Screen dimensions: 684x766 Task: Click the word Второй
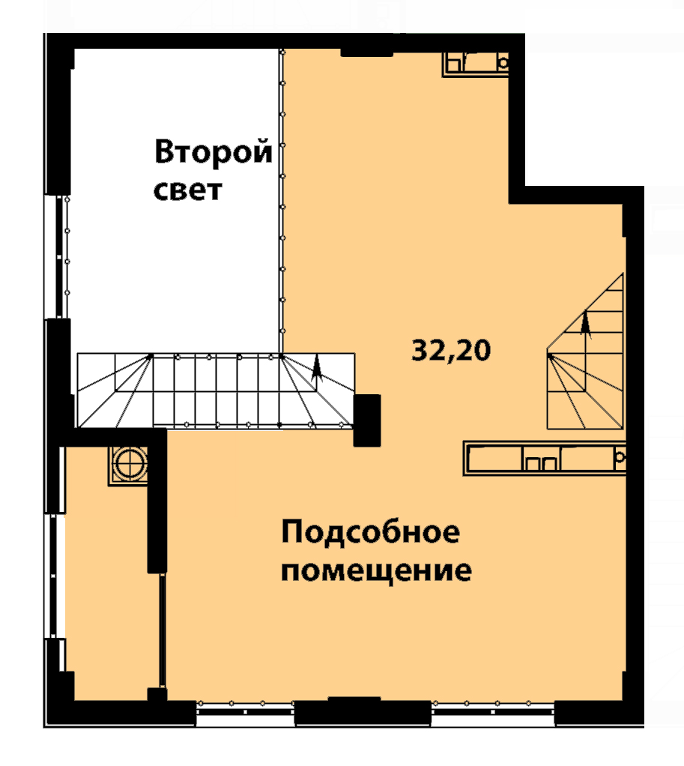[x=214, y=152]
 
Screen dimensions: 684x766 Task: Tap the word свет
[x=188, y=190]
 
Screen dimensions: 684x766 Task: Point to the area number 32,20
[x=451, y=350]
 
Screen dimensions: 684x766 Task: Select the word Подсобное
[x=371, y=531]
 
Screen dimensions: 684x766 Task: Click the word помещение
[x=376, y=570]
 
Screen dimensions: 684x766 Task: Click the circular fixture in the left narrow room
[x=128, y=464]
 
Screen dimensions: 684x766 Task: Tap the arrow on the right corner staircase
[x=585, y=325]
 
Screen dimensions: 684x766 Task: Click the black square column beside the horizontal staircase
[x=366, y=420]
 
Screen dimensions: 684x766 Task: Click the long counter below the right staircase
[x=544, y=458]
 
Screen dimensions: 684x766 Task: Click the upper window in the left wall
[x=58, y=257]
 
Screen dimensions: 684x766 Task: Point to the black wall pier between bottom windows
[x=363, y=711]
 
